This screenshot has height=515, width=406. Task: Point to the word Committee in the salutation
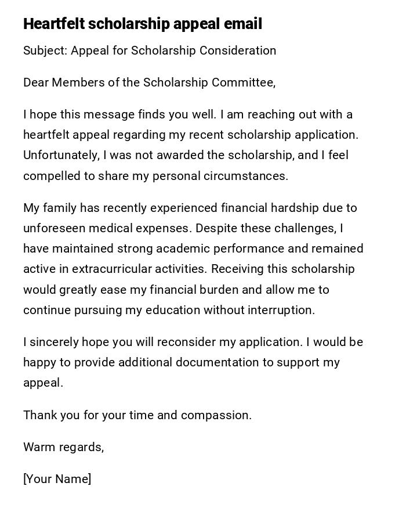point(242,82)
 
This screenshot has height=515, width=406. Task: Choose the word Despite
point(213,228)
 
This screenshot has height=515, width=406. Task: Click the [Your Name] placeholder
point(57,479)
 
